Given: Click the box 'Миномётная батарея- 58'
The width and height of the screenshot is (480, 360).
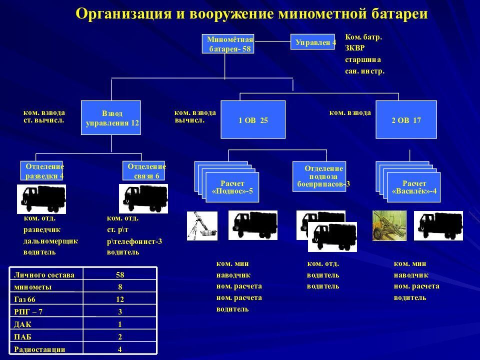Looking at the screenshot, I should coord(228,43).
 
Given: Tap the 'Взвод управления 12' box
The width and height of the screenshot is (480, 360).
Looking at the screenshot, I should coord(111,117).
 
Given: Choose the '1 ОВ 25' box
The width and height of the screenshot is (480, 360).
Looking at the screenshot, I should coord(253,119).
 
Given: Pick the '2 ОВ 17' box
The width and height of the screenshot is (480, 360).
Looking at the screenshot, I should coord(406,119).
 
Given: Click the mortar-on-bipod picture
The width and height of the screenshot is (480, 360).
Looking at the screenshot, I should coord(202,225).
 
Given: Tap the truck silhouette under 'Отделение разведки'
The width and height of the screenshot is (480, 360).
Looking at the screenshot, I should coord(41,198).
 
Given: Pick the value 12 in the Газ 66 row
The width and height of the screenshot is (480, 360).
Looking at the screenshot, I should coord(120,299).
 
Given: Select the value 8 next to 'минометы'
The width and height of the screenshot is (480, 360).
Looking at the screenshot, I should coord(120,286).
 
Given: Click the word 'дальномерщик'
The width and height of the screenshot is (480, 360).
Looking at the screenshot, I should coord(50,241).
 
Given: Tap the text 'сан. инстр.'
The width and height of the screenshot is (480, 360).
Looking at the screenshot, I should coord(364,71).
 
